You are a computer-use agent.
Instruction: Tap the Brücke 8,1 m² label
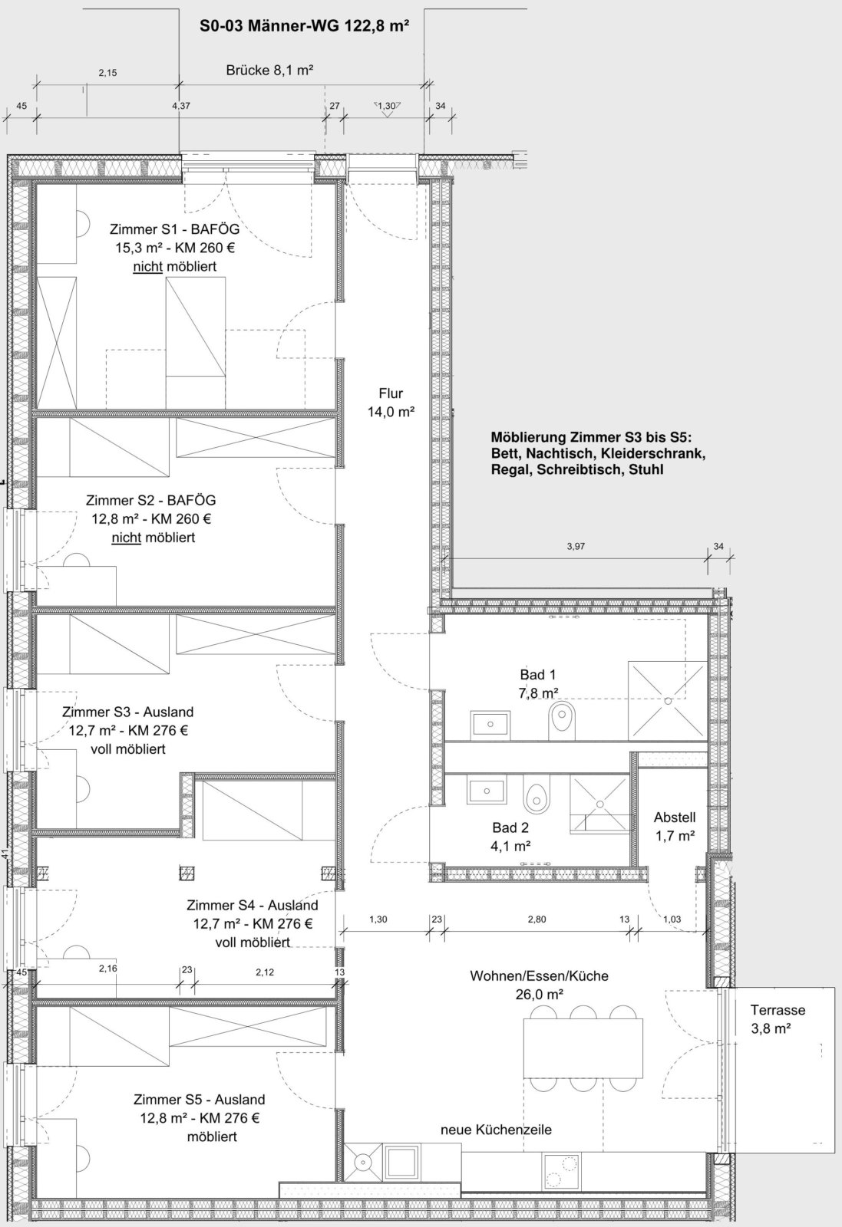269,70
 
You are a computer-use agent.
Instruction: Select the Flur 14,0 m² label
391,403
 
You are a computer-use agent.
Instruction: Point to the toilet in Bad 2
536,794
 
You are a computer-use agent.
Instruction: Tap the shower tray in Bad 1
668,701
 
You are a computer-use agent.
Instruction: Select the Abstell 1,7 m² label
675,827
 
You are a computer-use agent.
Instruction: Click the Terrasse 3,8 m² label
771,1019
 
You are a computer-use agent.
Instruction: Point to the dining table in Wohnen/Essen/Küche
583,1047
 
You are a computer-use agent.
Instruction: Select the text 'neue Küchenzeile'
496,1129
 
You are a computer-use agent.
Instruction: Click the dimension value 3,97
576,547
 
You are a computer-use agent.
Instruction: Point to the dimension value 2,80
537,919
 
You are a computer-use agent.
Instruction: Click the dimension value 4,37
181,106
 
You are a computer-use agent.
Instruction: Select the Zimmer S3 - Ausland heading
127,712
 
